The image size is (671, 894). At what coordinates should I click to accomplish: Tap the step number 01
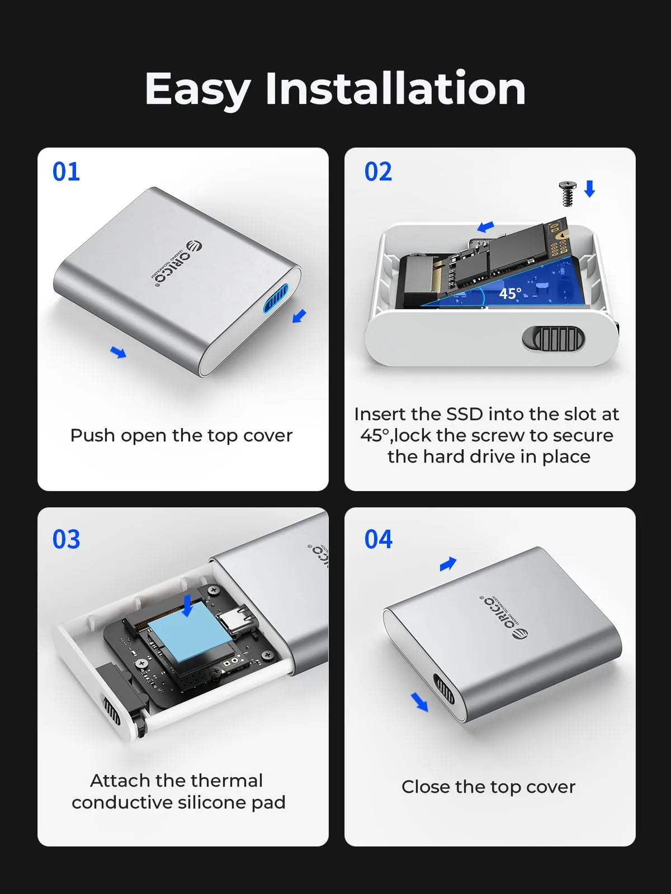coord(66,172)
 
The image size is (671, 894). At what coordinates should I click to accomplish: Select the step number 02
coord(378,172)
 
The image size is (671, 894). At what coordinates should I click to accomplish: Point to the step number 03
coord(66,539)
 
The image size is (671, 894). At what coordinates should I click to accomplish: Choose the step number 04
coord(378,539)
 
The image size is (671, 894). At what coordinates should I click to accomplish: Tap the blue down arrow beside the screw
coord(589,188)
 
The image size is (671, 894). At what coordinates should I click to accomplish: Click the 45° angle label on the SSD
coord(510,293)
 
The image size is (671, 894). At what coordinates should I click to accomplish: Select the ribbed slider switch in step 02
coord(554,339)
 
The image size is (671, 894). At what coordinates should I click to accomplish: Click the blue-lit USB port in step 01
coord(276,299)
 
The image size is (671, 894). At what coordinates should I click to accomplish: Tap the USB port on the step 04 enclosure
coord(445,689)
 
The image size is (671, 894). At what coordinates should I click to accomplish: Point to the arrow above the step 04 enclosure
coord(448,564)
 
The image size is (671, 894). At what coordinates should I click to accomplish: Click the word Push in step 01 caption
coord(92,435)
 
